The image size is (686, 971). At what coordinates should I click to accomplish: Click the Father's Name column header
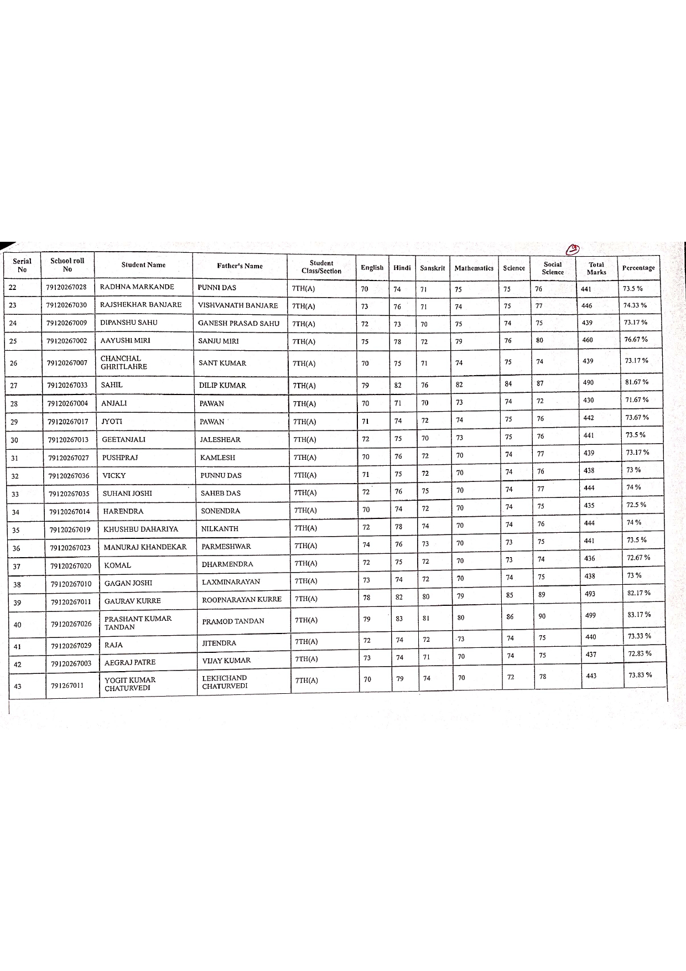(x=240, y=266)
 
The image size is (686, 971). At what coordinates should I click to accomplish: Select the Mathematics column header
(x=474, y=268)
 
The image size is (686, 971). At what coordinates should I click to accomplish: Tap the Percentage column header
(x=638, y=268)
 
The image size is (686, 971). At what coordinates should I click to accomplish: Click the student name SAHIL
(x=112, y=385)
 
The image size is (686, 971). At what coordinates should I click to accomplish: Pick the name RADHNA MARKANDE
(x=137, y=287)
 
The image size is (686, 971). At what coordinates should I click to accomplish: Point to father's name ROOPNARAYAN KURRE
(x=241, y=599)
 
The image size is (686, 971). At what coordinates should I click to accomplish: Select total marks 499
(x=591, y=615)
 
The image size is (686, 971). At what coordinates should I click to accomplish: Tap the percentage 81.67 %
(x=636, y=382)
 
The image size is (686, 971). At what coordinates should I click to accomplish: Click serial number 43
(x=18, y=686)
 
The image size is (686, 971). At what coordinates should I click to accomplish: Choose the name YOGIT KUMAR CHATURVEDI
(x=130, y=684)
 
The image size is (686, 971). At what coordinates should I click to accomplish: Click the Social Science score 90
(x=542, y=616)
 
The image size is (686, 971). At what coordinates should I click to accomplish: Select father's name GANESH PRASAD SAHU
(x=238, y=324)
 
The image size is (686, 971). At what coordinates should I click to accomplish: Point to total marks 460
(x=588, y=340)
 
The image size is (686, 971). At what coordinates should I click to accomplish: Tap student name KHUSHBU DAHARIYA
(x=141, y=529)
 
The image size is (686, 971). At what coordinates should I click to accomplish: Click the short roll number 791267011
(x=67, y=686)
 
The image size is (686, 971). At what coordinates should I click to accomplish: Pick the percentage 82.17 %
(x=639, y=593)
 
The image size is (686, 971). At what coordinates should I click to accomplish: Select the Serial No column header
(x=22, y=266)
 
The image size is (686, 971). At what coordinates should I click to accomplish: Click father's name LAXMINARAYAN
(x=231, y=582)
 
